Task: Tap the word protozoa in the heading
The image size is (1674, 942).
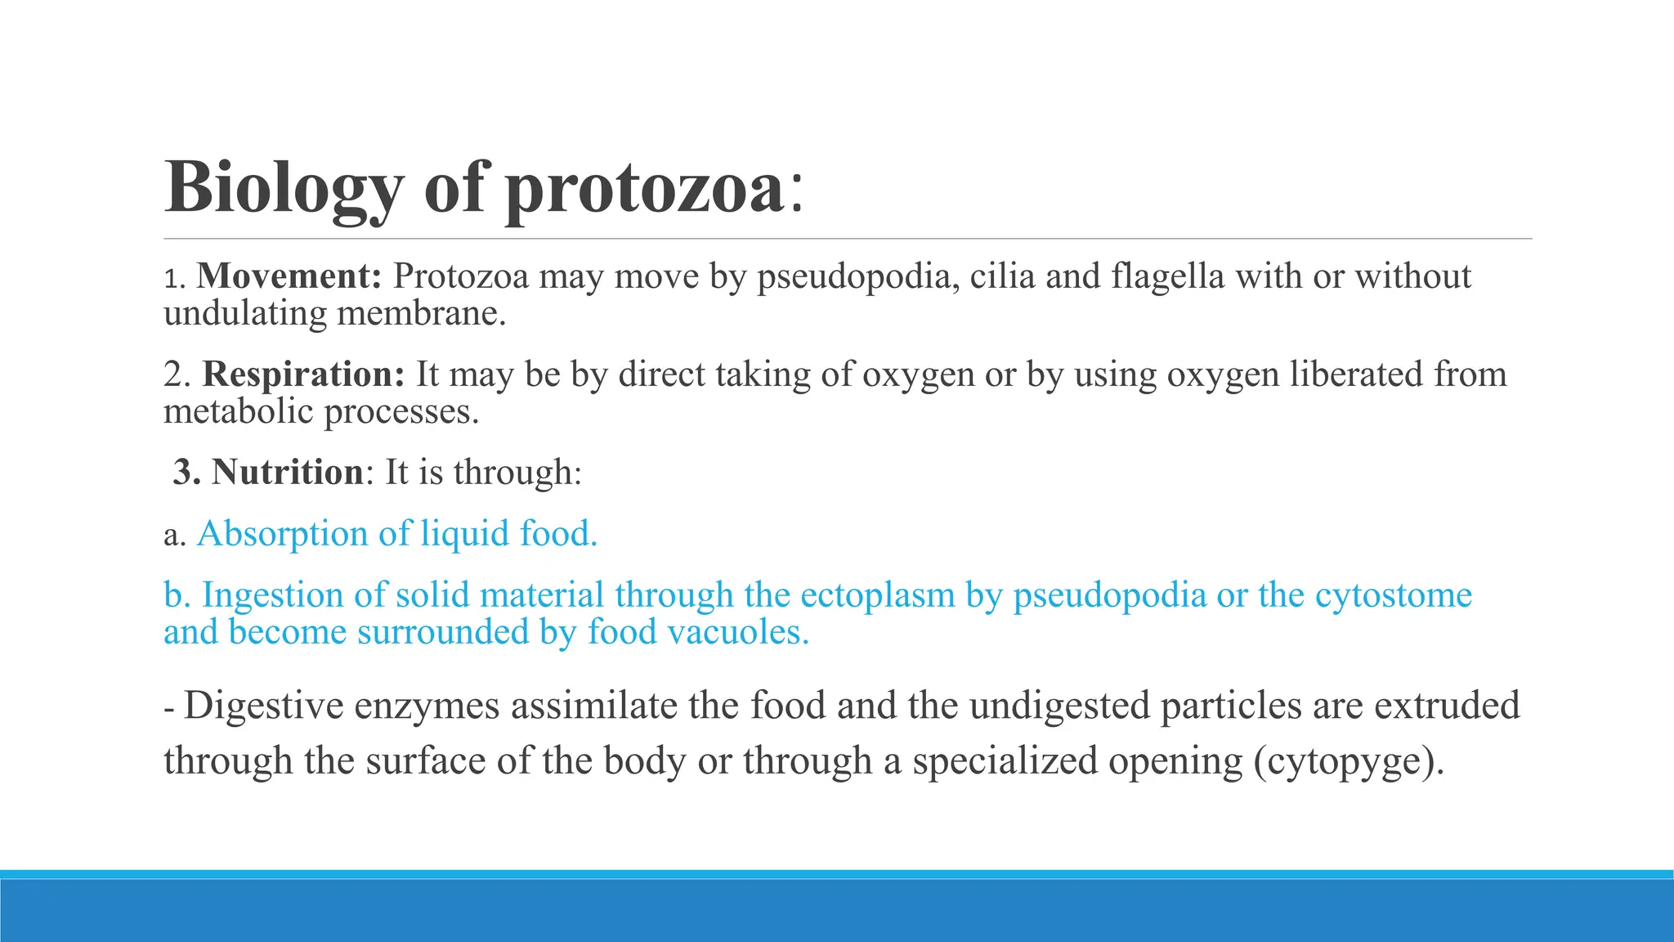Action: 645,189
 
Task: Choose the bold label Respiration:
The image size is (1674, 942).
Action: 303,375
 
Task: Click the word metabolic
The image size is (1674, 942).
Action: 238,411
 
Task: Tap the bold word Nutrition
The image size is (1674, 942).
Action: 287,473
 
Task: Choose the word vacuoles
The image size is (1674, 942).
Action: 739,632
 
